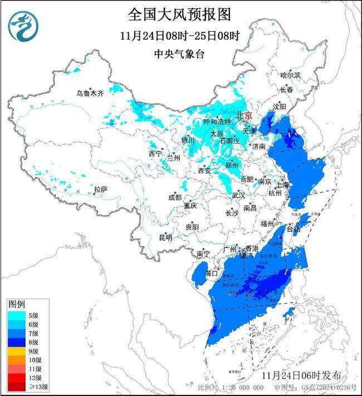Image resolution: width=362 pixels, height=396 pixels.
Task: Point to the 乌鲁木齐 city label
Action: [x=90, y=94]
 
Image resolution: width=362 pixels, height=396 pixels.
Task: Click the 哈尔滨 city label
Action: [x=290, y=74]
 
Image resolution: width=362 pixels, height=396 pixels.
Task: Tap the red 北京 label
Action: [x=244, y=115]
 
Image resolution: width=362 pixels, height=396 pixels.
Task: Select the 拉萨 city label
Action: [x=100, y=190]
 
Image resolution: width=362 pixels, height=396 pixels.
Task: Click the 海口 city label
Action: [x=211, y=273]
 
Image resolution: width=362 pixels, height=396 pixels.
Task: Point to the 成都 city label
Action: [x=175, y=197]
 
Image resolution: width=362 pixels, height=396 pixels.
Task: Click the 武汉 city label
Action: [x=238, y=195]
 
